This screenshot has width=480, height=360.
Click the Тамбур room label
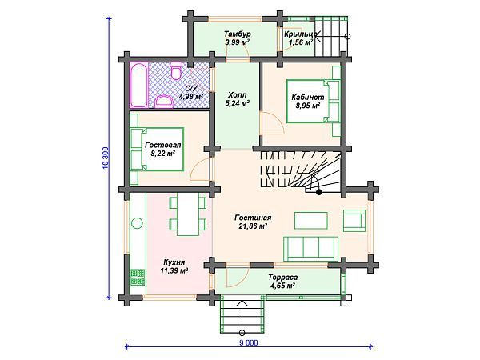238,34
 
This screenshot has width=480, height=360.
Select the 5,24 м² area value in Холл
237,104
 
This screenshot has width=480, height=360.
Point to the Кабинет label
308,98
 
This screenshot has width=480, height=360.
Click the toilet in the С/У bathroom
176,71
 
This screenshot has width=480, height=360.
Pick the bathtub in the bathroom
138,85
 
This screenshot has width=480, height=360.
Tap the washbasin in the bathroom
163,102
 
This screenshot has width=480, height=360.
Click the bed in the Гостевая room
157,149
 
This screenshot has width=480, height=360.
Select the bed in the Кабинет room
313,102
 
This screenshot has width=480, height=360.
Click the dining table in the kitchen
188,214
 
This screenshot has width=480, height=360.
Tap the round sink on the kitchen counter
137,222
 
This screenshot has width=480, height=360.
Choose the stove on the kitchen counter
138,277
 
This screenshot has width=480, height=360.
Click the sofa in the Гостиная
310,249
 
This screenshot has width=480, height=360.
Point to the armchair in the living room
354,221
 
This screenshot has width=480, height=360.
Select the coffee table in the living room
311,221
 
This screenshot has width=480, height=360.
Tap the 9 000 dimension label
249,342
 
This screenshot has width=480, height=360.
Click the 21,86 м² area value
253,226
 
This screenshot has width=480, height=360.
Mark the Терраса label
283,278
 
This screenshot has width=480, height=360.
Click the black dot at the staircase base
319,193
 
